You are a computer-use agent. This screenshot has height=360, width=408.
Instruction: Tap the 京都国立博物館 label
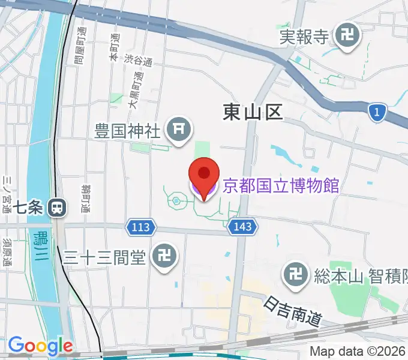[x=281, y=185]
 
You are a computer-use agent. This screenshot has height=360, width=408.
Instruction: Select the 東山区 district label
[x=252, y=112]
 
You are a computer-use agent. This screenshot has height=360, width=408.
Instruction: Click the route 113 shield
[x=142, y=227]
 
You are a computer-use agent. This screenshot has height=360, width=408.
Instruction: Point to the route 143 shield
[x=243, y=227]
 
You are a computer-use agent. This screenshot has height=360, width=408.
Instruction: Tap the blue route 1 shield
[x=376, y=112]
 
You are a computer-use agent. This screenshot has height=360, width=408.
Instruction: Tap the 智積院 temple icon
[x=295, y=275]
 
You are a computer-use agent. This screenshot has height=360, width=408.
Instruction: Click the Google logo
[x=40, y=346]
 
